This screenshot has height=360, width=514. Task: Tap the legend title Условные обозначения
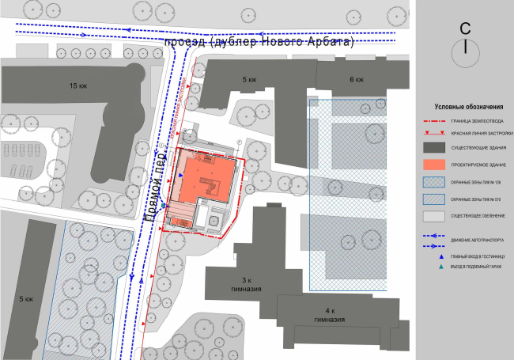point(468,107)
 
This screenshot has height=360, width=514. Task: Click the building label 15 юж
point(77,85)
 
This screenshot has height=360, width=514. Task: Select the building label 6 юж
point(357,80)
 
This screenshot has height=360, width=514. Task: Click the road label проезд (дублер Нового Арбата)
point(258,41)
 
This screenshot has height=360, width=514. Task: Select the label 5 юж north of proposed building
point(249,80)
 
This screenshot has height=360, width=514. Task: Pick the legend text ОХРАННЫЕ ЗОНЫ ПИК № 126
point(477,183)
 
